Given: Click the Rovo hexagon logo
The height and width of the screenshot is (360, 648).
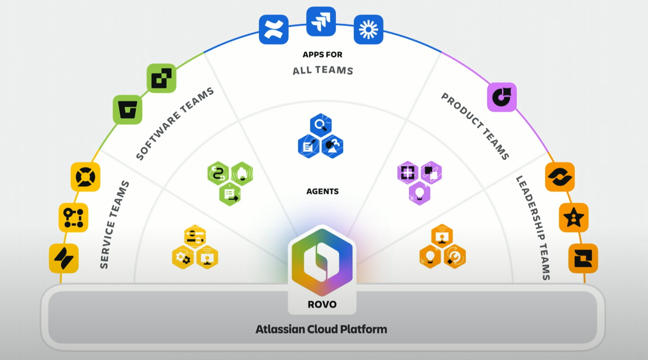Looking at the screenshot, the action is pos(322,262).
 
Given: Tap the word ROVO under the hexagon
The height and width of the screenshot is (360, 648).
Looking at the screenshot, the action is pos(322,305).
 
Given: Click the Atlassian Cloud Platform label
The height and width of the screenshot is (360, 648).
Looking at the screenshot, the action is pos(321,329).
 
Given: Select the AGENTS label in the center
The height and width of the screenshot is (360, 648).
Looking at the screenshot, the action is pos(322,191).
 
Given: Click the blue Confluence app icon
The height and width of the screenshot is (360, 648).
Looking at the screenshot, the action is pos(274,30).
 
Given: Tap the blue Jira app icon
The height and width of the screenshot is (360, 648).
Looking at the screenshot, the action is pos(321,22).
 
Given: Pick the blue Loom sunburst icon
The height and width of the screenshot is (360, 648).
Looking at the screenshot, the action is pos(368,30).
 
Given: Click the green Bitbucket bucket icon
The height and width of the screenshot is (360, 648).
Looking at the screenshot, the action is pos(128,110).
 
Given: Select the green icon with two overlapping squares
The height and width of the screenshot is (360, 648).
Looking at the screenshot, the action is pos(162,78).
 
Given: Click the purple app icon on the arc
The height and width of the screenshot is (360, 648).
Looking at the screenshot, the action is pos(502,97).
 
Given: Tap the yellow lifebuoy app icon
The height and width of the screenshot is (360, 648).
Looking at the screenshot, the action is pos(85,177).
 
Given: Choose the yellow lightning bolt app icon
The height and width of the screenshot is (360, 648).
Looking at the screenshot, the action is pos(63,258).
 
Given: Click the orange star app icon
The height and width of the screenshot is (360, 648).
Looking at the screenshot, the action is pos(574,218).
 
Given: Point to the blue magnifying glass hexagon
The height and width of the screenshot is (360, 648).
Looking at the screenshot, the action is pos(321,125).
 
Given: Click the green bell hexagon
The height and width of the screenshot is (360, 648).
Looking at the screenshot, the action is pos(242,174).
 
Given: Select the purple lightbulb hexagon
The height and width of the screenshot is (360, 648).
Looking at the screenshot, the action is pos(419,193).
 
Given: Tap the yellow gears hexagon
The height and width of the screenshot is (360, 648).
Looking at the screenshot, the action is pos(183,257).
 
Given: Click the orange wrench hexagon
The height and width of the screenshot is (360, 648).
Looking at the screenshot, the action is pos(455,256).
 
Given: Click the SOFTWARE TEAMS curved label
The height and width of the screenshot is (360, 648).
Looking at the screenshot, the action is pos(175,124).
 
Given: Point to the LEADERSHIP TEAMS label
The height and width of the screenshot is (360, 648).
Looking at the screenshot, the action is pos(533,228).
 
